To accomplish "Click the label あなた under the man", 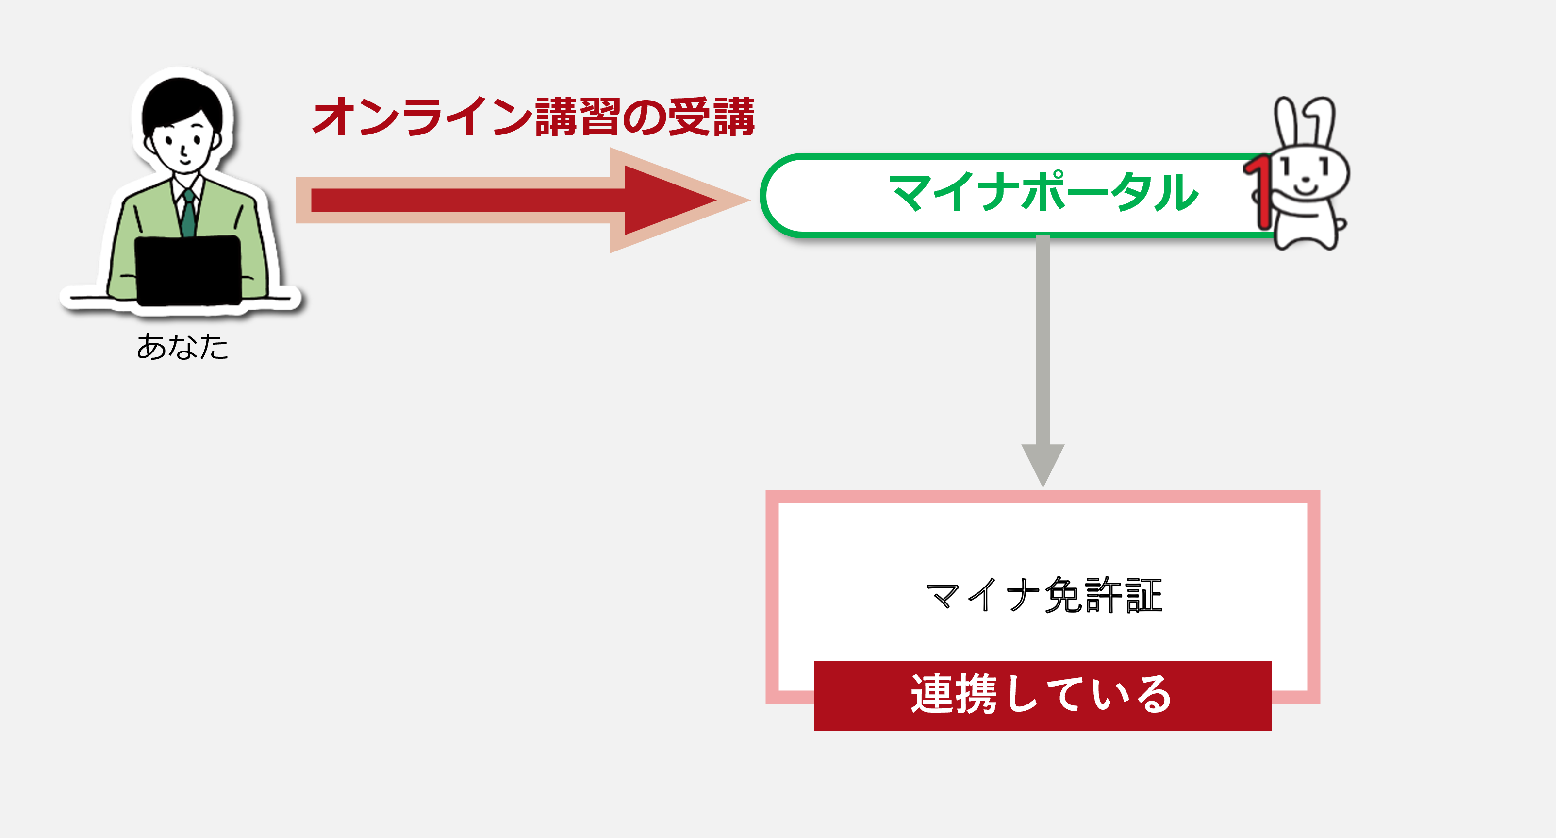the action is pos(182,347).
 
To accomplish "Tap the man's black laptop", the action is pos(188,270).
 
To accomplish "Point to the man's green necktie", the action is pos(188,214).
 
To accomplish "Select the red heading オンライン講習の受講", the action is pos(534,116).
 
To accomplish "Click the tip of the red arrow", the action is pos(717,200).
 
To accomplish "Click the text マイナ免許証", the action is pos(1044,595).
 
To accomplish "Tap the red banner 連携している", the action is pos(1043,695).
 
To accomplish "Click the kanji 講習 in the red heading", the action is pos(578,116).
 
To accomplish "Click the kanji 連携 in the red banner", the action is pos(954,694).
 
